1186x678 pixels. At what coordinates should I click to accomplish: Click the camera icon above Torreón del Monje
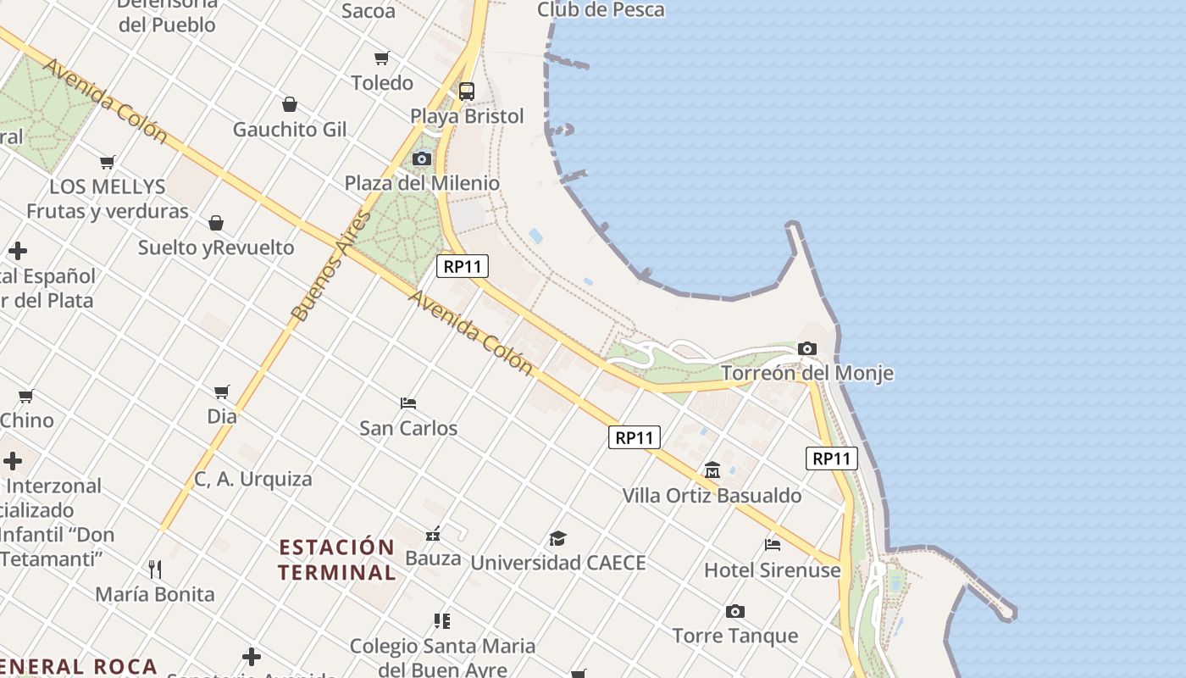(x=806, y=348)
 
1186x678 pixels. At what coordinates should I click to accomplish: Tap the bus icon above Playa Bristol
(x=467, y=92)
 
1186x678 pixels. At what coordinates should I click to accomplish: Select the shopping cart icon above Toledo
(x=382, y=58)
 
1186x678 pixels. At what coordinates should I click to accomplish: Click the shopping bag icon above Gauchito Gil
(x=290, y=104)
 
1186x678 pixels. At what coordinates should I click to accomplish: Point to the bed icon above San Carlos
(x=408, y=403)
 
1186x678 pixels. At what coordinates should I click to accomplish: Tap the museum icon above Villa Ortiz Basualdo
(x=712, y=470)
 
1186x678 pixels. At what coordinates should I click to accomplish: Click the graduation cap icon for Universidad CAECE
(x=557, y=538)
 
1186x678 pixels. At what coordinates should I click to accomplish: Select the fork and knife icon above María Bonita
(x=155, y=569)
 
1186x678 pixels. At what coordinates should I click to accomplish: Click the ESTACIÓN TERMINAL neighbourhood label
(x=336, y=559)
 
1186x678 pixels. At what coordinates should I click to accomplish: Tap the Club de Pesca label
(x=601, y=10)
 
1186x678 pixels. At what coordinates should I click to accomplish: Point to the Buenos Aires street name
(x=331, y=265)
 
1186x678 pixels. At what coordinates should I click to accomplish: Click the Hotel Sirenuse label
(x=772, y=570)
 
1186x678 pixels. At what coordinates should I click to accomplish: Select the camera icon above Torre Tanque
(x=734, y=611)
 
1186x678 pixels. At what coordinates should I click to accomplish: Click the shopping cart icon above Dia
(x=222, y=392)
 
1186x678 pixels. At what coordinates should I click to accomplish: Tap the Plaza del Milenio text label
(x=422, y=183)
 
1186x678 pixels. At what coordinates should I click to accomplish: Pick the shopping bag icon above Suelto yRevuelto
(x=216, y=223)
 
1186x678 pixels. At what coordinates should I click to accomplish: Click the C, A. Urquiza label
(x=253, y=479)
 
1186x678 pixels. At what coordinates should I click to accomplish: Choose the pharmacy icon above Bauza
(x=433, y=534)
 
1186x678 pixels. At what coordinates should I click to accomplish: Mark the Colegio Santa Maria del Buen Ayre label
(x=442, y=657)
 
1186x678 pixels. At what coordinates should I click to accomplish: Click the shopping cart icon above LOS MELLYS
(x=108, y=162)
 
